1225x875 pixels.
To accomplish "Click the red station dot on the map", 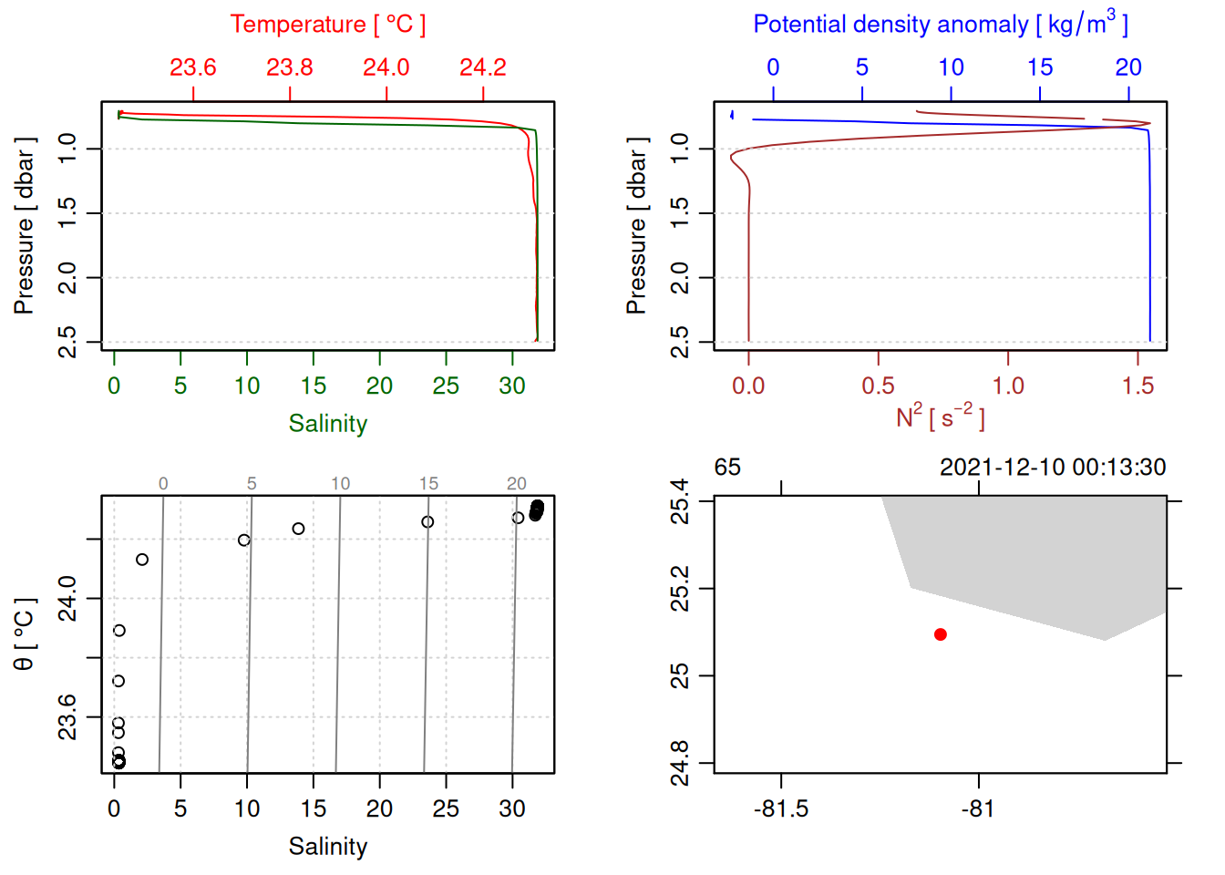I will [940, 634].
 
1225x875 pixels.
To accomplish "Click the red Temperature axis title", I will [327, 25].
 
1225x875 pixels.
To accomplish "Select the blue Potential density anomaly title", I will [940, 24].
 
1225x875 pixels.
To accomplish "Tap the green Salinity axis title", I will [327, 424].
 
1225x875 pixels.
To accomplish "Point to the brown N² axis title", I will [940, 417].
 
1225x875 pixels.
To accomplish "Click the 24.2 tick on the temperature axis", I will [482, 67].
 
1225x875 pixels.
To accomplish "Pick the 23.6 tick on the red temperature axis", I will [193, 67].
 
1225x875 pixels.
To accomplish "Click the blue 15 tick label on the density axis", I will [1040, 67].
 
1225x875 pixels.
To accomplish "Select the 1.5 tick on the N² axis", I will [1137, 386].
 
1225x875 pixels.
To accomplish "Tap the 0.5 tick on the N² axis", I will [878, 386].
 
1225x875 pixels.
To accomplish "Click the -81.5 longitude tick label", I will [781, 808].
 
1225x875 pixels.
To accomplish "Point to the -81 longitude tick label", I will [977, 808].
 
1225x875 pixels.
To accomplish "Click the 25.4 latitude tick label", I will [680, 500].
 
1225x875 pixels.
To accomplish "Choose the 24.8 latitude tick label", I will [680, 763].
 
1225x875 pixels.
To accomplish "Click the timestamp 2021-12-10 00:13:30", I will [1053, 468].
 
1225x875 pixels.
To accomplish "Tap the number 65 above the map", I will [727, 468].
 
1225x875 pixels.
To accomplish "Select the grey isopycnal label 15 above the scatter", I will [428, 484].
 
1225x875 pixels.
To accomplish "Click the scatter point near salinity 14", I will [298, 529].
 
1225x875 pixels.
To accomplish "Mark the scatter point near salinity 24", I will [427, 522].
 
